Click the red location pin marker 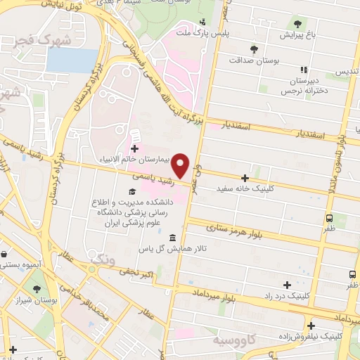pos(181,165)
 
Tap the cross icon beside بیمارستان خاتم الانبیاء pos(135,148)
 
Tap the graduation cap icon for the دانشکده pos(131,191)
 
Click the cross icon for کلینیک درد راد pos(286,285)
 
